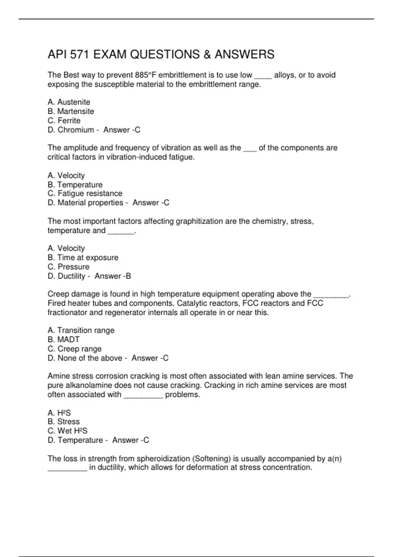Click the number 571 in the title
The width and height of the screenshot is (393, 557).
pyautogui.click(x=80, y=54)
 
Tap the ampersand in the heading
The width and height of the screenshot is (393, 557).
pyautogui.click(x=207, y=54)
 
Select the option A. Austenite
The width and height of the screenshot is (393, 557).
pyautogui.click(x=69, y=102)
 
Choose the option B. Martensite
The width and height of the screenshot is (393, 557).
pyautogui.click(x=71, y=111)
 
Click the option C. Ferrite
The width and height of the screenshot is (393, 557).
pyautogui.click(x=64, y=121)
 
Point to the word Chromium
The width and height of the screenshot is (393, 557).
pyautogui.click(x=76, y=130)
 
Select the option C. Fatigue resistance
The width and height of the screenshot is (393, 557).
pyautogui.click(x=85, y=193)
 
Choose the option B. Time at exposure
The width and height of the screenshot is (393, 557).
pyautogui.click(x=83, y=258)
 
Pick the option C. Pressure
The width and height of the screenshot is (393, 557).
pyautogui.click(x=68, y=267)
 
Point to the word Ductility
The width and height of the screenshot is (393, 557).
pyautogui.click(x=71, y=276)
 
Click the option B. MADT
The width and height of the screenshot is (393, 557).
pyautogui.click(x=64, y=339)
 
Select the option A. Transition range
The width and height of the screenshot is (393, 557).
pyautogui.click(x=81, y=330)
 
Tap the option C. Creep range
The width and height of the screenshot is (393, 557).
pyautogui.click(x=74, y=349)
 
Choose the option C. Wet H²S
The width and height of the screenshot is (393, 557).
pyautogui.click(x=67, y=431)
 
